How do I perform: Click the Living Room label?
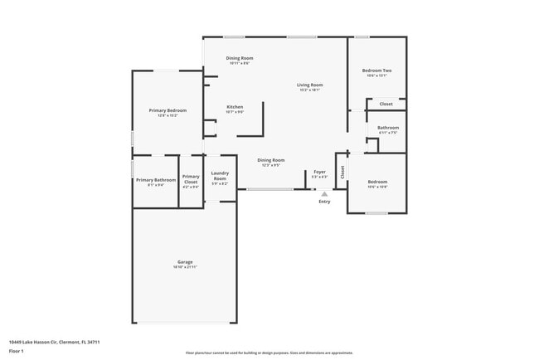310,85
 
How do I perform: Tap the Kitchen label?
235,107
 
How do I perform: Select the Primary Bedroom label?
168,110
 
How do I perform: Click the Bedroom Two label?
376,71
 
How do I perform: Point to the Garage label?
184,261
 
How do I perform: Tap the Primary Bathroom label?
156,180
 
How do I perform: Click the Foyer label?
319,172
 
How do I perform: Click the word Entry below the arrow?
324,202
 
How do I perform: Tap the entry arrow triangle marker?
324,194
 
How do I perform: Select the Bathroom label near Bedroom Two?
388,128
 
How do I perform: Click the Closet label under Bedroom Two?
386,104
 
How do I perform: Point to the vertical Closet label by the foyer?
342,172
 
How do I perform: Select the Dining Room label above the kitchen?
239,57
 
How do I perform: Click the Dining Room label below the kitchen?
270,160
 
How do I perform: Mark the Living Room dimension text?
310,90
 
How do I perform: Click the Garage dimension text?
184,267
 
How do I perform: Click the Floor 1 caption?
16,352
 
